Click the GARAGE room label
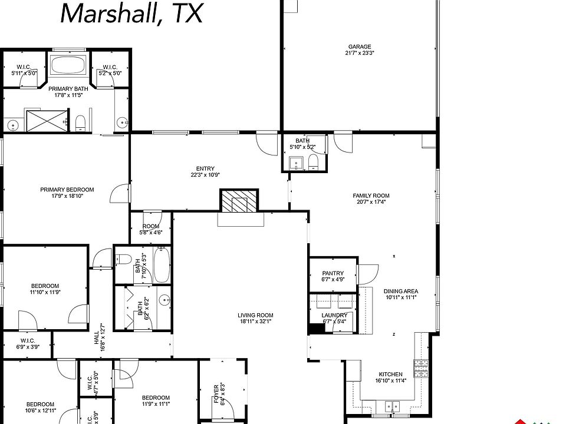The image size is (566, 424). point(359,47)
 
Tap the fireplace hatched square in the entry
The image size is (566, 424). point(239,201)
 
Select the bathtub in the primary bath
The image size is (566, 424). point(68,66)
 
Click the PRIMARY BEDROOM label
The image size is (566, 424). point(67,190)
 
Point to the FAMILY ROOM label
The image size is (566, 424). point(371,196)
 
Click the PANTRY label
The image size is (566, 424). point(333,273)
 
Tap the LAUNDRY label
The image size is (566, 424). point(333,316)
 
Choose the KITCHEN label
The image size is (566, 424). point(390,374)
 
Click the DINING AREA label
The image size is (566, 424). point(401,291)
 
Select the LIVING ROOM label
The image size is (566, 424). point(255,315)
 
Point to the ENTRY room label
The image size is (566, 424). point(205,168)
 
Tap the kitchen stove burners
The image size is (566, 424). point(422,368)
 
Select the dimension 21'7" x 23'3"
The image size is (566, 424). point(360,53)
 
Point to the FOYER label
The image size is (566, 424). point(216,392)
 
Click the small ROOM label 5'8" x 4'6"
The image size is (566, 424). point(150,226)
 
